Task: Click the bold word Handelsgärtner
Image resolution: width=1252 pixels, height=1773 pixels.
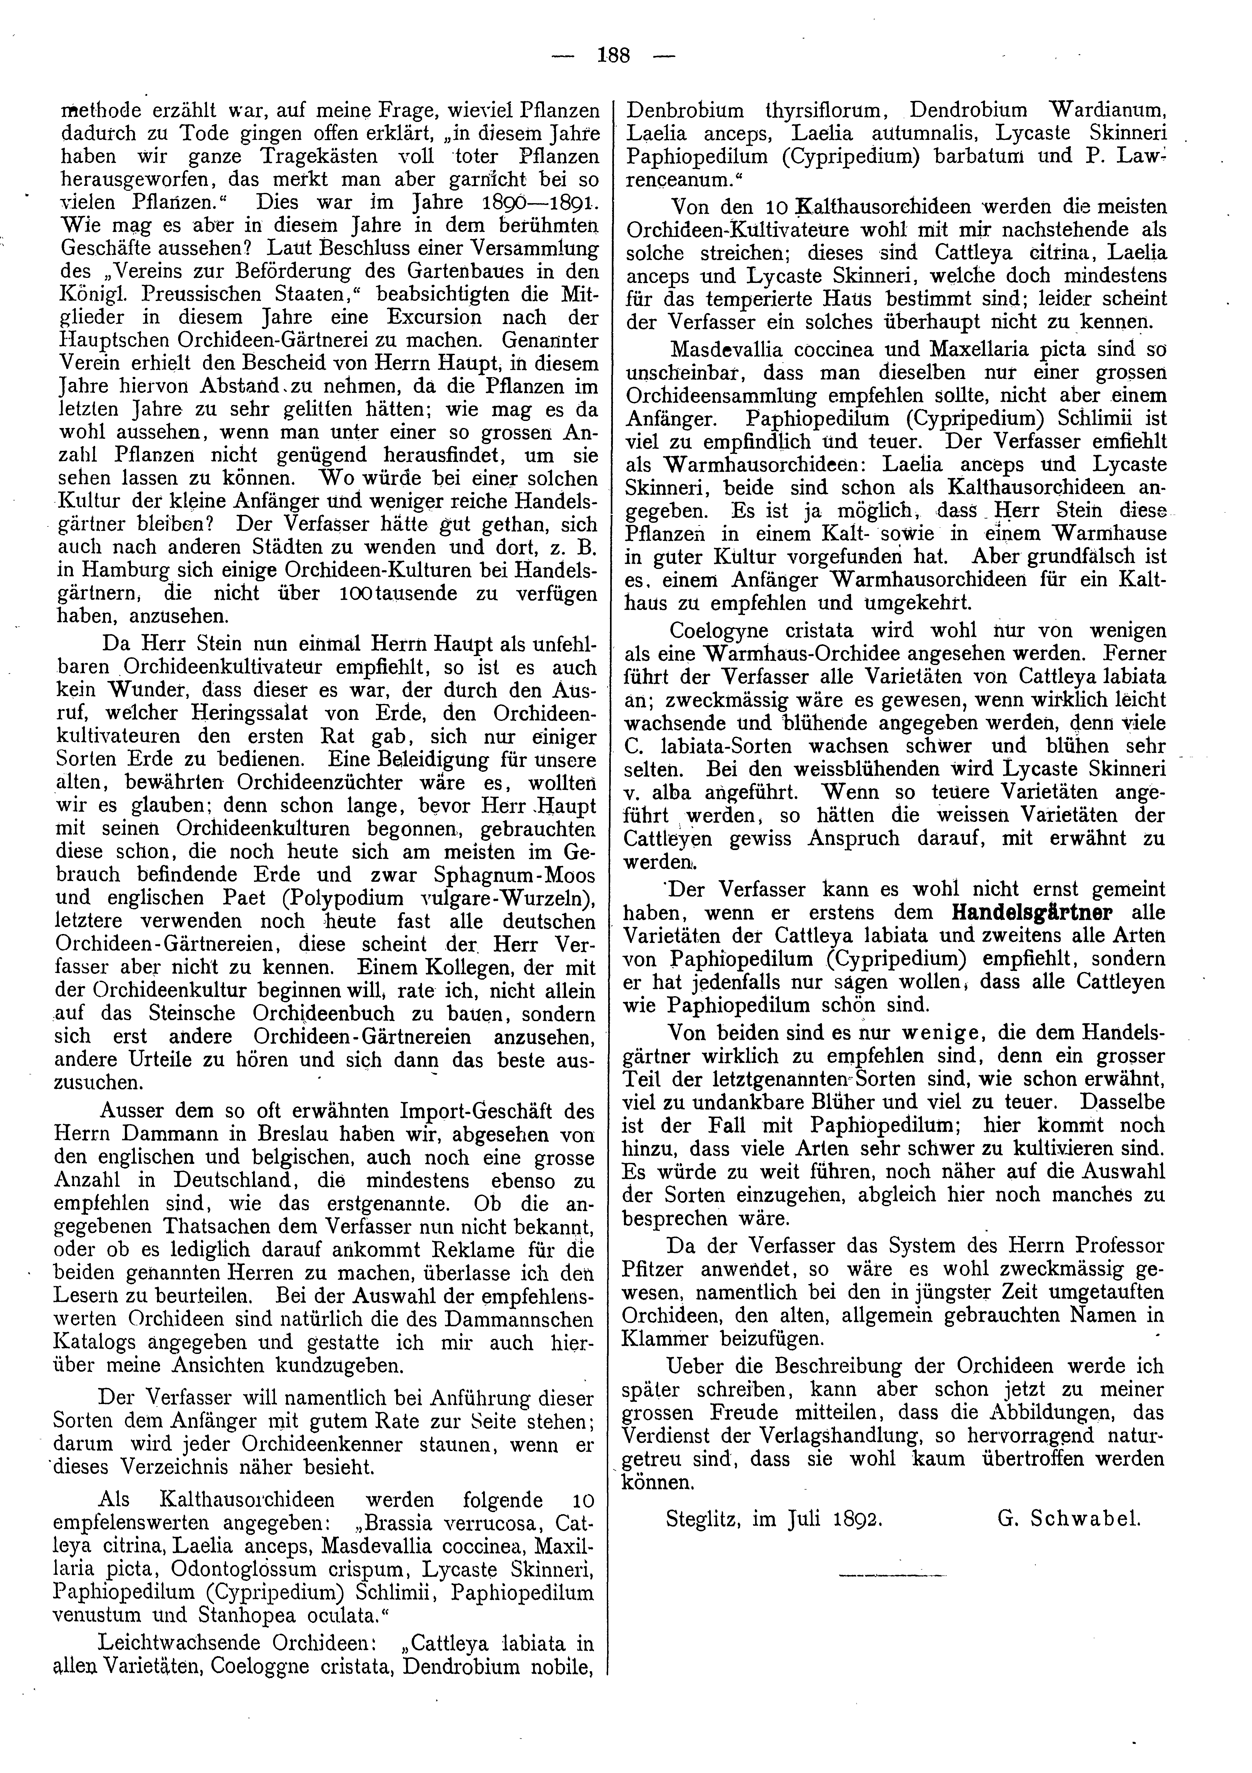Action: click(1033, 912)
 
